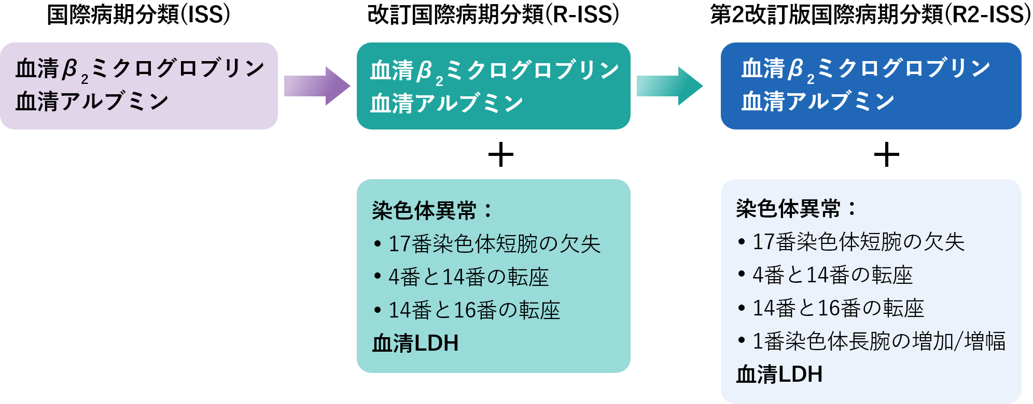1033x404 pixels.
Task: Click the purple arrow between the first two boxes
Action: pyautogui.click(x=316, y=86)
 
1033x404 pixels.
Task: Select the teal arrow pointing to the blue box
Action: pyautogui.click(x=669, y=86)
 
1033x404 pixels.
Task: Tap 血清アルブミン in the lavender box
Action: pyautogui.click(x=92, y=102)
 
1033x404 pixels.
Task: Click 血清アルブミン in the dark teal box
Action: pyautogui.click(x=446, y=104)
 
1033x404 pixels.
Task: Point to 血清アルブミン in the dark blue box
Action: pyautogui.click(x=818, y=102)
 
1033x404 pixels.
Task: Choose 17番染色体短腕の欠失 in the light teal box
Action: pyautogui.click(x=494, y=244)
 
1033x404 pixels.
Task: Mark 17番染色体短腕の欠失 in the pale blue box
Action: pyautogui.click(x=858, y=242)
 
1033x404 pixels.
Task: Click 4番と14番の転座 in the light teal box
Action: pyautogui.click(x=468, y=277)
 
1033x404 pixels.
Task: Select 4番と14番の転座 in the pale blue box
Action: pyautogui.click(x=832, y=275)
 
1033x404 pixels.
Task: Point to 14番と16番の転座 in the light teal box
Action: pyautogui.click(x=474, y=310)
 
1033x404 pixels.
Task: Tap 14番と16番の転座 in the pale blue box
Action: pyautogui.click(x=838, y=308)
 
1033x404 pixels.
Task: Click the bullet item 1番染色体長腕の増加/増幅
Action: pyautogui.click(x=878, y=341)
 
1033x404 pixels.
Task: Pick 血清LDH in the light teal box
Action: pyautogui.click(x=415, y=343)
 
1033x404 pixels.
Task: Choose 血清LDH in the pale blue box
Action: pyautogui.click(x=779, y=374)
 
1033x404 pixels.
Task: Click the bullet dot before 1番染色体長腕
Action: pyautogui.click(x=742, y=341)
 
